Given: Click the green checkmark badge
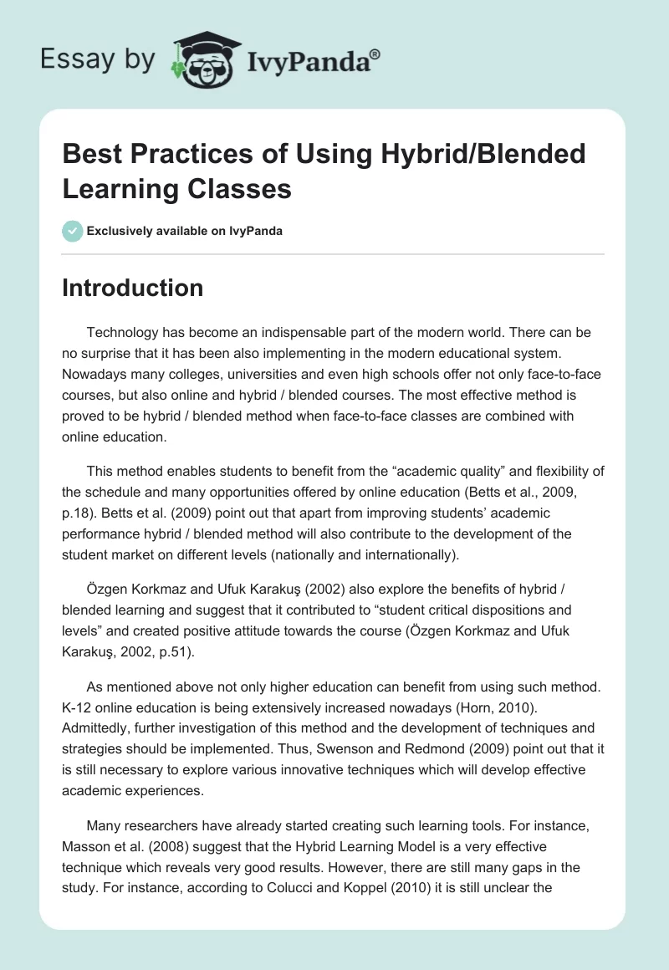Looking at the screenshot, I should pyautogui.click(x=73, y=231).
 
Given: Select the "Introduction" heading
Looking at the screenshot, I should pyautogui.click(x=133, y=288).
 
